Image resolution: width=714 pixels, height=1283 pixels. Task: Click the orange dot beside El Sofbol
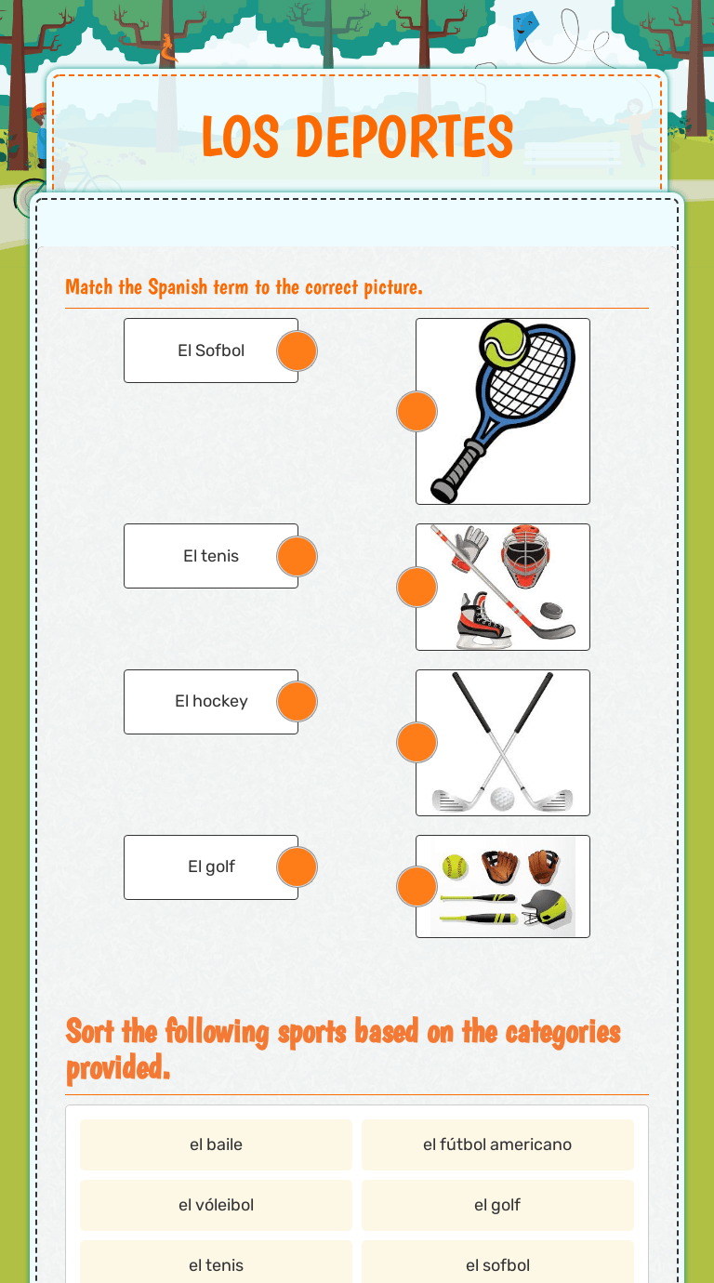pyautogui.click(x=297, y=351)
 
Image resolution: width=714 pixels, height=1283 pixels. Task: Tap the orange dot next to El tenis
pyautogui.click(x=297, y=556)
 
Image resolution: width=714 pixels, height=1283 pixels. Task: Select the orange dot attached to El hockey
pyautogui.click(x=297, y=702)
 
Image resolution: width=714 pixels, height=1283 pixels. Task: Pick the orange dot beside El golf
pyautogui.click(x=297, y=866)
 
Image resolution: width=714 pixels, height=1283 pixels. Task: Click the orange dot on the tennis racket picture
pyautogui.click(x=416, y=411)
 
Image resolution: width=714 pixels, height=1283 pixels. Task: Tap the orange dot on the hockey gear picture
pyautogui.click(x=416, y=587)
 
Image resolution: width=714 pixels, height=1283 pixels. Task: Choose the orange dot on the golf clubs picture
pyautogui.click(x=416, y=742)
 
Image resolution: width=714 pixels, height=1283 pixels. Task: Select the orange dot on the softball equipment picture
pyautogui.click(x=416, y=887)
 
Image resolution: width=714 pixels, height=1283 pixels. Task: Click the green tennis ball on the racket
pyautogui.click(x=503, y=343)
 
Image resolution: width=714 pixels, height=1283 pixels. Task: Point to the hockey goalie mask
pyautogui.click(x=525, y=557)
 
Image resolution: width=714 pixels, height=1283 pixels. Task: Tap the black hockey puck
pyautogui.click(x=552, y=611)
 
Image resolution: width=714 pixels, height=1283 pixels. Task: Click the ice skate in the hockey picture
pyautogui.click(x=483, y=620)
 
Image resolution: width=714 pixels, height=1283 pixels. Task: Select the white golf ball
pyautogui.click(x=502, y=799)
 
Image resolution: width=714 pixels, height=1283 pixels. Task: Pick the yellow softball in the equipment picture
pyautogui.click(x=456, y=866)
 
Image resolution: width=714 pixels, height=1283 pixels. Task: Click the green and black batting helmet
pyautogui.click(x=547, y=909)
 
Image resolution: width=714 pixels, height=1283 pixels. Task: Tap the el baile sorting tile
pyautogui.click(x=216, y=1144)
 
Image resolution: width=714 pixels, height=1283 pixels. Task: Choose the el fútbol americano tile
pyautogui.click(x=497, y=1144)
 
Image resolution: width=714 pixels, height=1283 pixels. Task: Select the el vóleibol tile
pyautogui.click(x=216, y=1205)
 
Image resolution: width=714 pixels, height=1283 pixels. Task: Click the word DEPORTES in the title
pyautogui.click(x=404, y=137)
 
